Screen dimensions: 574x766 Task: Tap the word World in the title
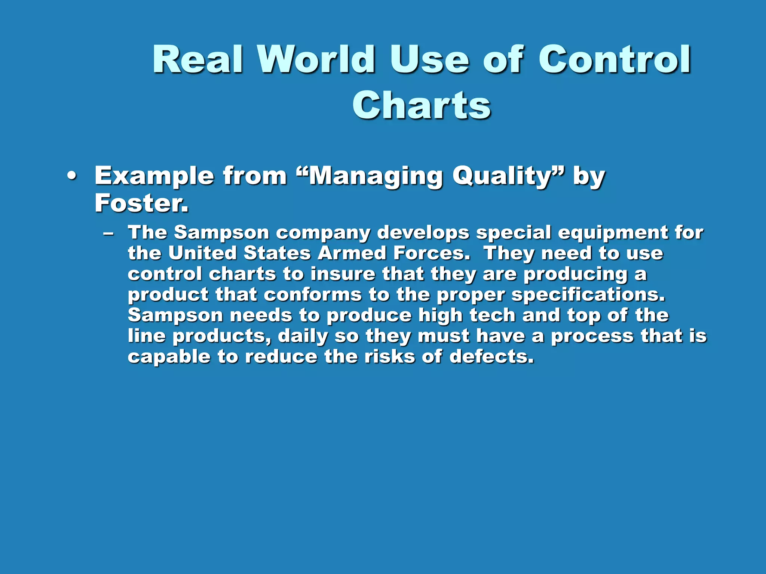pos(316,60)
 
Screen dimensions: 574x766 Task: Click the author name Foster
pos(141,203)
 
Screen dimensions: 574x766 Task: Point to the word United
pos(202,253)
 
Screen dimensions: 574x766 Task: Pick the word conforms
pos(313,295)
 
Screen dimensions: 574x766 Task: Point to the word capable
pos(169,357)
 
